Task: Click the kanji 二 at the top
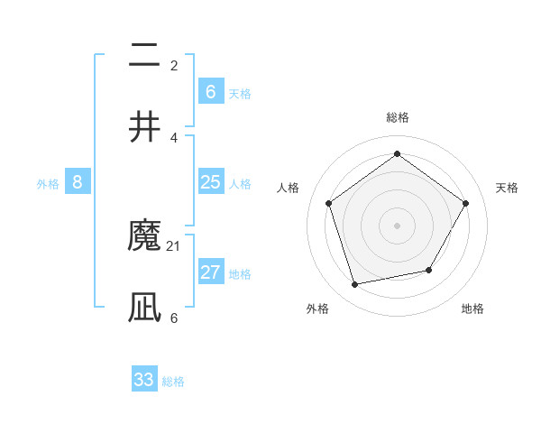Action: (144, 56)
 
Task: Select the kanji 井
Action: (144, 126)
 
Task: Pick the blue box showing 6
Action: (210, 92)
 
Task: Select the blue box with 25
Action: (210, 183)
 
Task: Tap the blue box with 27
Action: (210, 273)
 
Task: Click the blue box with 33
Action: (144, 380)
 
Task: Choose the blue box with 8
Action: (78, 183)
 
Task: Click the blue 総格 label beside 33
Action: (174, 382)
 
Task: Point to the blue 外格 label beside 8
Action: (48, 184)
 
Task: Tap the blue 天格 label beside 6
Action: (240, 93)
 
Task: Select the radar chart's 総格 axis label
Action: (398, 118)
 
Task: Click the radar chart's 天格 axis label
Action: (507, 188)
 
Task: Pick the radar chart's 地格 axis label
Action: (472, 309)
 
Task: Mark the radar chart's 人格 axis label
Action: (289, 188)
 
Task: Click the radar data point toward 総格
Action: (397, 153)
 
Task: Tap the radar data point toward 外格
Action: (355, 285)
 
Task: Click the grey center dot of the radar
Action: (397, 225)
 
